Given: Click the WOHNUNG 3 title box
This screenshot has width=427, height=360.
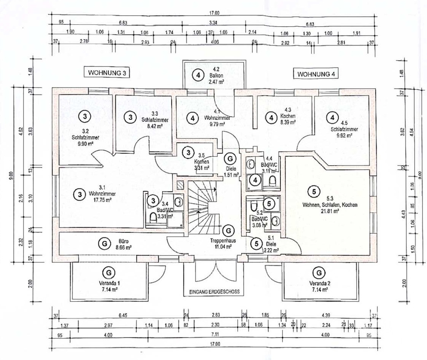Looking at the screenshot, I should (106, 72).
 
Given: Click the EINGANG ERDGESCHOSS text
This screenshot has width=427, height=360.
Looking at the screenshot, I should (214, 292).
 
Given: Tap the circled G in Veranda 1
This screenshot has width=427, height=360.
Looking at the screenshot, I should (109, 273).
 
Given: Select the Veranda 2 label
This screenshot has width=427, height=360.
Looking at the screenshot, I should (319, 284).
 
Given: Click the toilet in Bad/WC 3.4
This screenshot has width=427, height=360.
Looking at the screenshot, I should (153, 217).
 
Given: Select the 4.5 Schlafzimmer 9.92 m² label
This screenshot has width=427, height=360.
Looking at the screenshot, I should (344, 129).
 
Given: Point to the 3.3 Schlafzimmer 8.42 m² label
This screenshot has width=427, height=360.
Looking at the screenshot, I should (151, 118).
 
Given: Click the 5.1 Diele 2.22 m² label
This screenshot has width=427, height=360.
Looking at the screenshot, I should (270, 247).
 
